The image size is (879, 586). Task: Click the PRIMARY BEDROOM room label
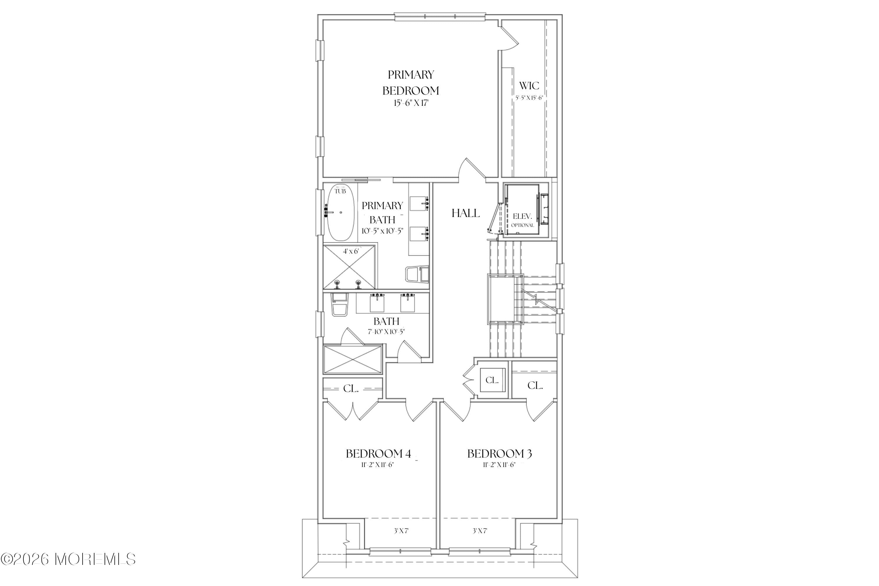[x=410, y=83]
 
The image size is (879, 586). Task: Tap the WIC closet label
[x=529, y=86]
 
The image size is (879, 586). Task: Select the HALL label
[x=465, y=213]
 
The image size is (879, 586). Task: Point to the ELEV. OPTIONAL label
[x=522, y=220]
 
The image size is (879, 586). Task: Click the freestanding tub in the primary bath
[x=340, y=213]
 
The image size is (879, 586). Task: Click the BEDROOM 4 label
[x=378, y=454]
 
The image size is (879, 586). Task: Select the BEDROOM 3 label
[x=499, y=454]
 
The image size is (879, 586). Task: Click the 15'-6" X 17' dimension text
[x=410, y=103]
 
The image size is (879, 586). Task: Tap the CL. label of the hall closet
[x=492, y=380]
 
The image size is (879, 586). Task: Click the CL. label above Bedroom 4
[x=350, y=389]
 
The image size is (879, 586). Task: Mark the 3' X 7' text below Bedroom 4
[x=401, y=531]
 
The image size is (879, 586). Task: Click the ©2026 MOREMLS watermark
[x=68, y=559]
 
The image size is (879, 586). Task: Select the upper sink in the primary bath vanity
[x=419, y=203]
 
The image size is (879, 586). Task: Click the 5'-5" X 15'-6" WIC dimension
[x=529, y=98]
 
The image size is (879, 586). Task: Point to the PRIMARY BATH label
[x=382, y=212]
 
